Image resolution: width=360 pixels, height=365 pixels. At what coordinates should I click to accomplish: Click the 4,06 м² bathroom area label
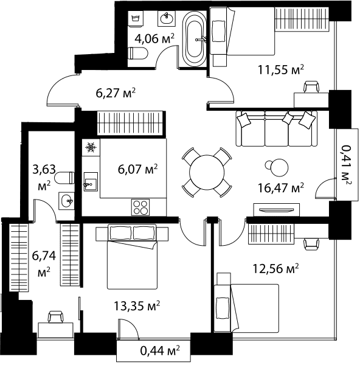tap(154, 39)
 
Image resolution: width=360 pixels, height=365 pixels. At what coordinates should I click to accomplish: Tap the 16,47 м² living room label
tap(281, 187)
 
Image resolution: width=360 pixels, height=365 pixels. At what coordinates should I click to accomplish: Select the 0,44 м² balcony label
tap(160, 350)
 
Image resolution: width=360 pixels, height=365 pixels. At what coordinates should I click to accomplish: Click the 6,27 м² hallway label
tap(116, 93)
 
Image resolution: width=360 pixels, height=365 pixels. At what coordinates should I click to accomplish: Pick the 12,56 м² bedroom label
tap(275, 269)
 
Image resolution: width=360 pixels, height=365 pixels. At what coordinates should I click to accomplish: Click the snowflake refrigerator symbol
tap(91, 147)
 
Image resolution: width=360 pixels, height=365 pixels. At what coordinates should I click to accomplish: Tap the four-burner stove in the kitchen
tap(140, 207)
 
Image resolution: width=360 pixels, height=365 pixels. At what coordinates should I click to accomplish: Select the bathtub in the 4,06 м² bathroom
tap(195, 39)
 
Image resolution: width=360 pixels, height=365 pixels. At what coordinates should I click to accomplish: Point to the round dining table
tap(207, 173)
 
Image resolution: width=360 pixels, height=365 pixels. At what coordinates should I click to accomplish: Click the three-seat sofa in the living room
tap(277, 128)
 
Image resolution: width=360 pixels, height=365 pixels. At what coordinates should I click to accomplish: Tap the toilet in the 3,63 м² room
tap(64, 178)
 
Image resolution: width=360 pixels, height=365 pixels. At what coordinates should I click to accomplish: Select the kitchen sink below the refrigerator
tap(91, 181)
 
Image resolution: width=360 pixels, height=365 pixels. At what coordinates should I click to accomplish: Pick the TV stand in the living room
tap(277, 210)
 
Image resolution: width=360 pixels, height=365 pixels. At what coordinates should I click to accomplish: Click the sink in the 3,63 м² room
tap(66, 201)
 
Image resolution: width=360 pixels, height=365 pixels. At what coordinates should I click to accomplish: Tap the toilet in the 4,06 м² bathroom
tap(138, 53)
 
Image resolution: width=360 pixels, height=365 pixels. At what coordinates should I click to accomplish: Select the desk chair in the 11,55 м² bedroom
tap(311, 87)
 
